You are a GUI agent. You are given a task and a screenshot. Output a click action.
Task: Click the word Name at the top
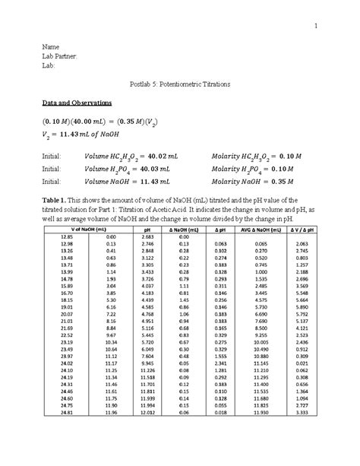pyautogui.click(x=50, y=47)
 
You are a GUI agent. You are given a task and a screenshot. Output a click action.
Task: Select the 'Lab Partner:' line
pyautogui.click(x=60, y=56)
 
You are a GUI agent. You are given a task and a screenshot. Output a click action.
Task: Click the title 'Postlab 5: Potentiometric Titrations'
pyautogui.click(x=179, y=83)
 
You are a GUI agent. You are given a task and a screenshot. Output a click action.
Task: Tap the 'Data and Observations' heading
pyautogui.click(x=77, y=101)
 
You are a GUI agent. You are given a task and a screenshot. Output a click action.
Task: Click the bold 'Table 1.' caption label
pyautogui.click(x=55, y=195)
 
